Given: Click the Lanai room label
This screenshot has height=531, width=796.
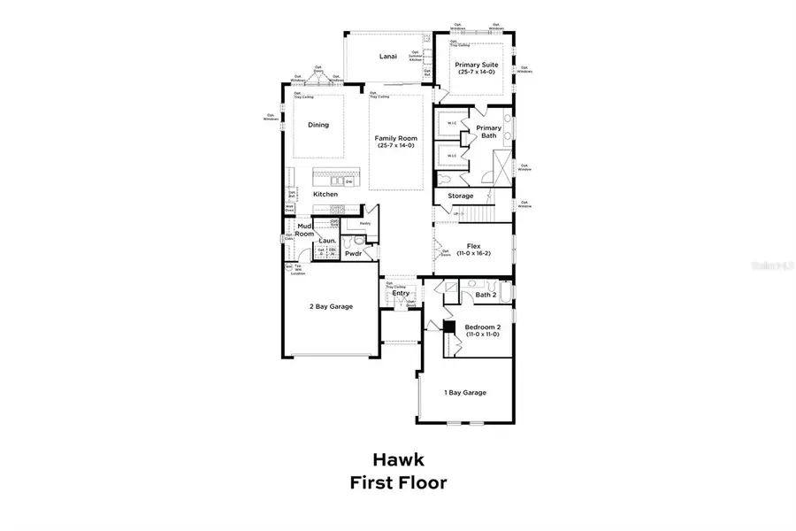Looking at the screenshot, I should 388,57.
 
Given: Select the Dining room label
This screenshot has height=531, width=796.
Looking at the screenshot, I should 318,125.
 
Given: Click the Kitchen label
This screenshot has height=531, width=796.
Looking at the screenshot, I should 325,194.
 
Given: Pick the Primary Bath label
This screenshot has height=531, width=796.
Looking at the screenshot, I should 488,132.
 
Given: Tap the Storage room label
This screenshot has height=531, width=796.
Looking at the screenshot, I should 460,196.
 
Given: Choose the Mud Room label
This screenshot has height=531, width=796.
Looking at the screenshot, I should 305,231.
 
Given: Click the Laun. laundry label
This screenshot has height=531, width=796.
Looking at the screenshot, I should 326,239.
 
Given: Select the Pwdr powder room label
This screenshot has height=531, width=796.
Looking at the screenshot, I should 355,253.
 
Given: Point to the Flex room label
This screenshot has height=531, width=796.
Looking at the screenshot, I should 473,249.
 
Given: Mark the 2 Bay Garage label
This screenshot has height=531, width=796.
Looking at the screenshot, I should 331,306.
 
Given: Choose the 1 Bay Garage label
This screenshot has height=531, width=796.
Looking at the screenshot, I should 464,392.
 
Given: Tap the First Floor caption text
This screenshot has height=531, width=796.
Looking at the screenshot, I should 398,483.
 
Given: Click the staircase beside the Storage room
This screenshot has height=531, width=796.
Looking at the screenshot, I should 484,213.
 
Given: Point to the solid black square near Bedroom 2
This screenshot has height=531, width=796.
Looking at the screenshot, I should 448,327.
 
